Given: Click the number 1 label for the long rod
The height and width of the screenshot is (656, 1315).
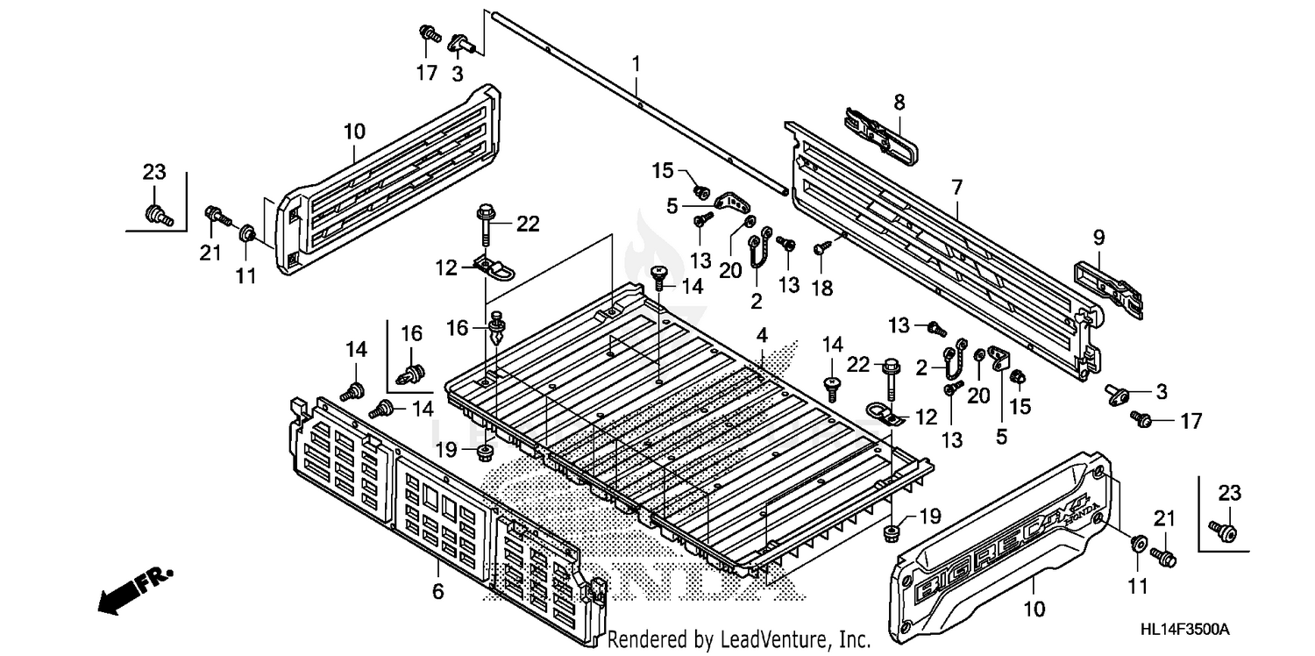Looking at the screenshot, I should (x=636, y=63).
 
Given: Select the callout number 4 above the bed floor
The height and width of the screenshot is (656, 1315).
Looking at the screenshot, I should (x=762, y=334).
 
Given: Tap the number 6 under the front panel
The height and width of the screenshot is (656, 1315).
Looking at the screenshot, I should (x=437, y=592).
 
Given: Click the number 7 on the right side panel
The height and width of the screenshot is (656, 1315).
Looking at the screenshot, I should (x=956, y=187).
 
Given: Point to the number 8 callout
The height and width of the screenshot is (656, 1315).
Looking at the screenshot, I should (x=899, y=103).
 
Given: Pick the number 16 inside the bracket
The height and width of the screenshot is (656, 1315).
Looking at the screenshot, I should (x=411, y=333).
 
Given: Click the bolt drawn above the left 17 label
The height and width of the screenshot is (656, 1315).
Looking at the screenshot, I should (x=429, y=34).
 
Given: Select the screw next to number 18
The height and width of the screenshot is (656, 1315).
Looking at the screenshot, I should (x=820, y=249).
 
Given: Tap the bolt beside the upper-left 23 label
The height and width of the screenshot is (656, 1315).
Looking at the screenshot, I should (x=157, y=210).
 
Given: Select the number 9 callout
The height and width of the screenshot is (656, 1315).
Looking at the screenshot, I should (x=1098, y=237).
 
